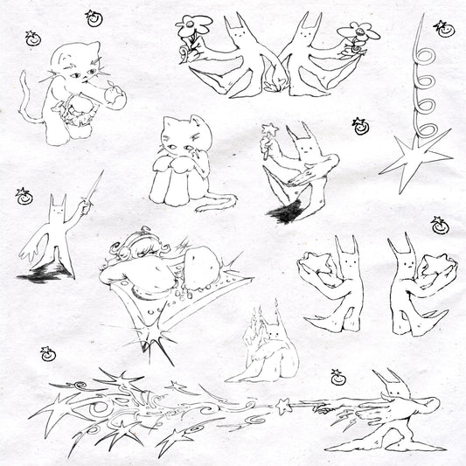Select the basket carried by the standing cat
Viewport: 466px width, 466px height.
pos(76,113)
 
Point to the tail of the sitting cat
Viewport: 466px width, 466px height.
pos(213,205)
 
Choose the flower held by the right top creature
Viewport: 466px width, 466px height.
pos(359,34)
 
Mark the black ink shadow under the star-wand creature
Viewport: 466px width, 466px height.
pos(287,211)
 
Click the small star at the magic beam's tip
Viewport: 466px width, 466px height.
pos(282,405)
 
